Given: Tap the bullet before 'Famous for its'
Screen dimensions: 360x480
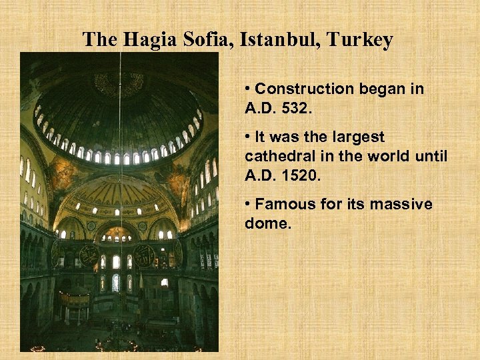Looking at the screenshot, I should (x=248, y=202).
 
